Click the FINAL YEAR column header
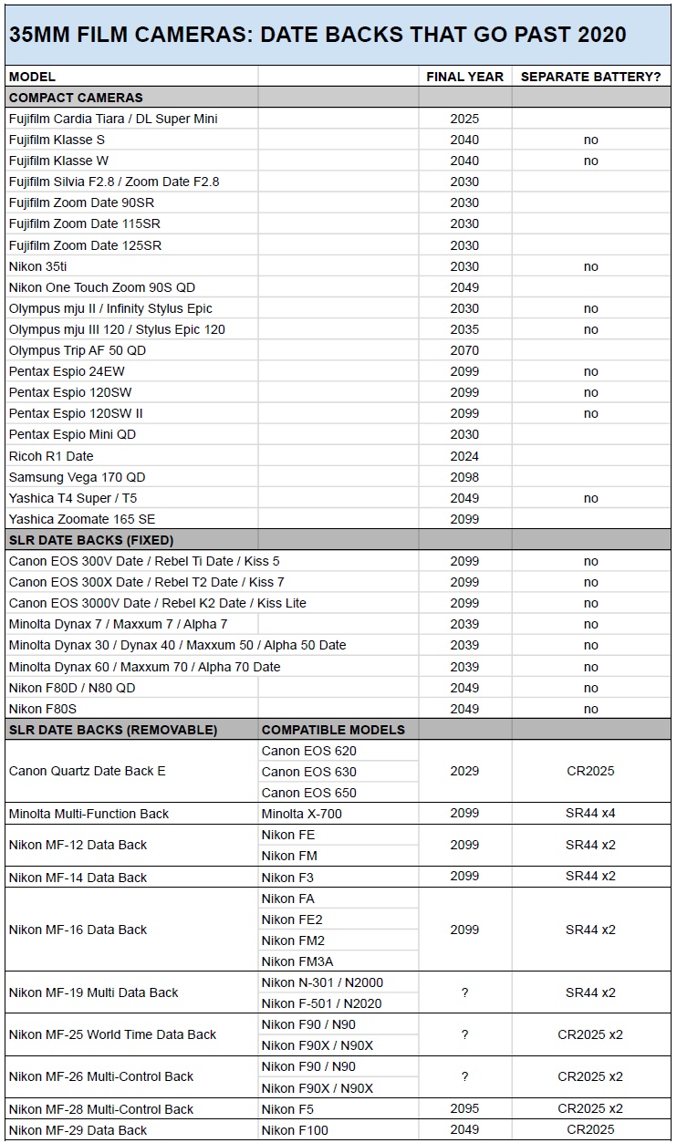pos(464,77)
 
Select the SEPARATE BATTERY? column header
pos(590,77)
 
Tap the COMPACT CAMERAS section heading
pos(76,98)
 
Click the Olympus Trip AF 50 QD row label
pos(78,350)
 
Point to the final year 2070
pos(464,350)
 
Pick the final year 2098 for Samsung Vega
pos(464,477)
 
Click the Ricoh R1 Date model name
pos(51,456)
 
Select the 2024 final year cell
pos(464,456)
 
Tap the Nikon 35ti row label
pos(37,266)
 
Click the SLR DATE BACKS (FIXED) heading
pos(91,540)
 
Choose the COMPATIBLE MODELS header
pos(333,730)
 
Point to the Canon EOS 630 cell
pos(309,772)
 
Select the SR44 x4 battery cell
pos(590,814)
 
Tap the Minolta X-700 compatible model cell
pos(302,814)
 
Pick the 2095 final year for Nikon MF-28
pos(464,1109)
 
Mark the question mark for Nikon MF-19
pos(464,992)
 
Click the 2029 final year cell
pos(464,771)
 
